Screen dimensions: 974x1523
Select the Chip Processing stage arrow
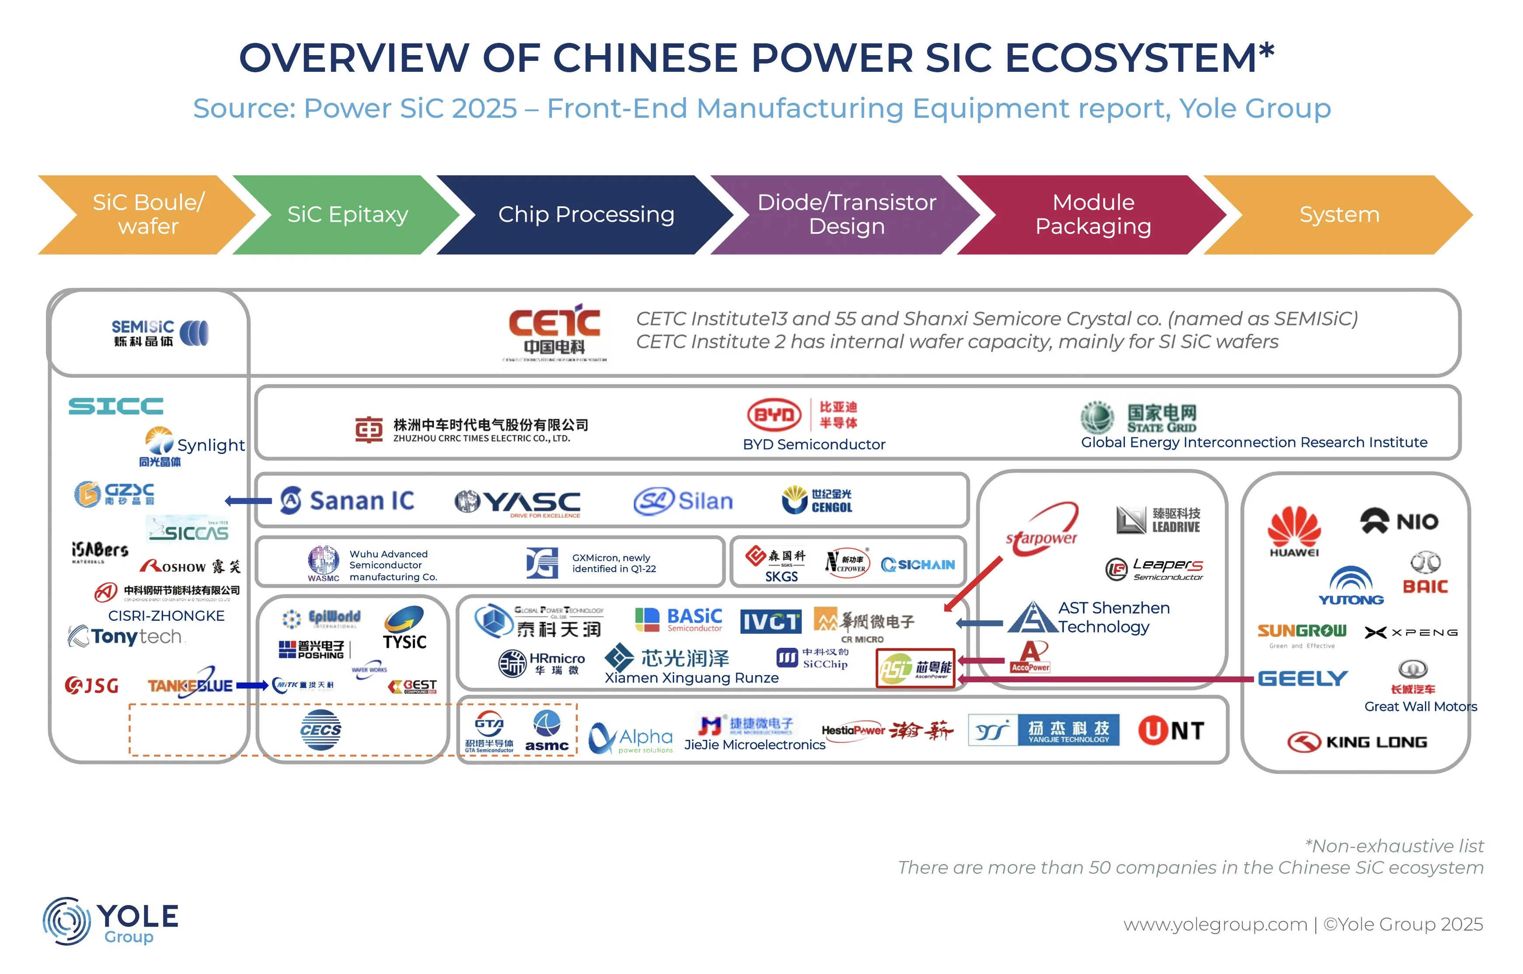585,214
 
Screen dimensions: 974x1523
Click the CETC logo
555,332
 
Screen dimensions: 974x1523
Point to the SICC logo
116,406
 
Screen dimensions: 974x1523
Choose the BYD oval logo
774,415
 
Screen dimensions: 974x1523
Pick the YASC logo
517,503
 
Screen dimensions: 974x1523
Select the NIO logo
1399,521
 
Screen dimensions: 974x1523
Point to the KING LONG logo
1357,742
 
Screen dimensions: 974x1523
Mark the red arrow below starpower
973,584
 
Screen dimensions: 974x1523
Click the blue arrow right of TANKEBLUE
252,686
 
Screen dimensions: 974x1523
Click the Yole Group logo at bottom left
111,921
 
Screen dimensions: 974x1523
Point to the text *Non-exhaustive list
1394,846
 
